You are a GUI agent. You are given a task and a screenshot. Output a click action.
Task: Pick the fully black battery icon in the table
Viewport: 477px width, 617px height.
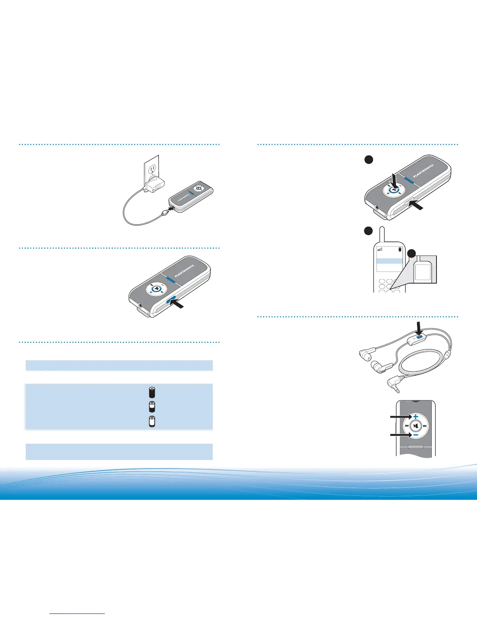coord(152,392)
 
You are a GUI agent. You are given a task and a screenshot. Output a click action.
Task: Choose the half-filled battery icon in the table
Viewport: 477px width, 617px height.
coord(152,407)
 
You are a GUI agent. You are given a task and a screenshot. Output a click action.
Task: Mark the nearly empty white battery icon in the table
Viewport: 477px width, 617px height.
coord(152,422)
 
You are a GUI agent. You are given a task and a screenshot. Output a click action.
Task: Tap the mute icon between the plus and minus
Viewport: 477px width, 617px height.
coord(415,426)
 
